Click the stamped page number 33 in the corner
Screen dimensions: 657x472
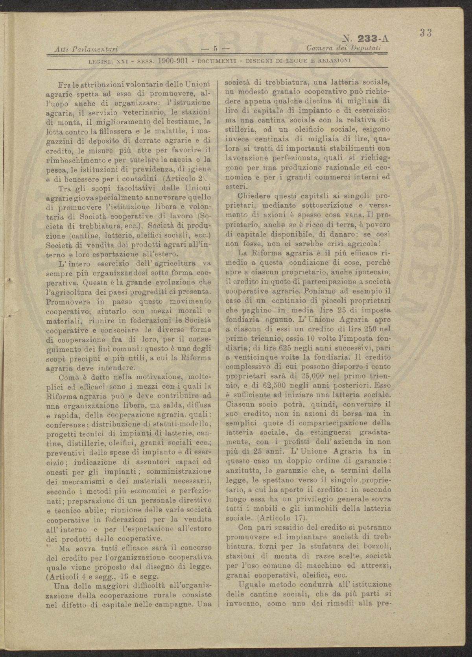click(426, 33)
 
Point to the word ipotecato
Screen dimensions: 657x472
click(370, 272)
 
